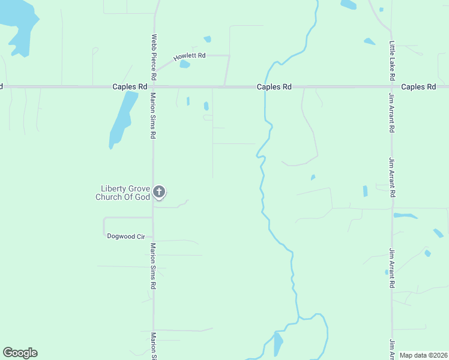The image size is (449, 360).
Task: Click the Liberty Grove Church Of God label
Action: (x=122, y=193)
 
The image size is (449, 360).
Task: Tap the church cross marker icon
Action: (x=158, y=192)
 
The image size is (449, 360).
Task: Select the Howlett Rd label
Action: (x=190, y=56)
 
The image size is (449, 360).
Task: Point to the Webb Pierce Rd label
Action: (x=154, y=57)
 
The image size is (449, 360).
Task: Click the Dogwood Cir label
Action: (x=126, y=236)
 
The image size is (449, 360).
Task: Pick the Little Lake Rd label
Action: (x=392, y=61)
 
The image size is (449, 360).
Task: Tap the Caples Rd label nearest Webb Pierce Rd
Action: (x=130, y=87)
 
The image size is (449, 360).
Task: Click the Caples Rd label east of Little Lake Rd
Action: (x=418, y=87)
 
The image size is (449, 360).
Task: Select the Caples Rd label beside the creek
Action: (x=274, y=87)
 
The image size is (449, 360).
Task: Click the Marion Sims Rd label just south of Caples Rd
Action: (x=154, y=116)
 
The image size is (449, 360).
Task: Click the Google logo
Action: (x=20, y=353)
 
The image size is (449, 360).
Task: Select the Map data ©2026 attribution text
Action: (x=423, y=355)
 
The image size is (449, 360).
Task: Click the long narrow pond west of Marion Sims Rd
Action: (x=120, y=120)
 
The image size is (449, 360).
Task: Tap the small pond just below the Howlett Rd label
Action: (x=184, y=64)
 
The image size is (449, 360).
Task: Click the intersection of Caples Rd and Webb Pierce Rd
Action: (x=154, y=87)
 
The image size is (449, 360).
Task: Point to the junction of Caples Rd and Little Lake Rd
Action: (x=392, y=87)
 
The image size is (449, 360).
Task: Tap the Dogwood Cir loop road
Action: (x=104, y=226)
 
